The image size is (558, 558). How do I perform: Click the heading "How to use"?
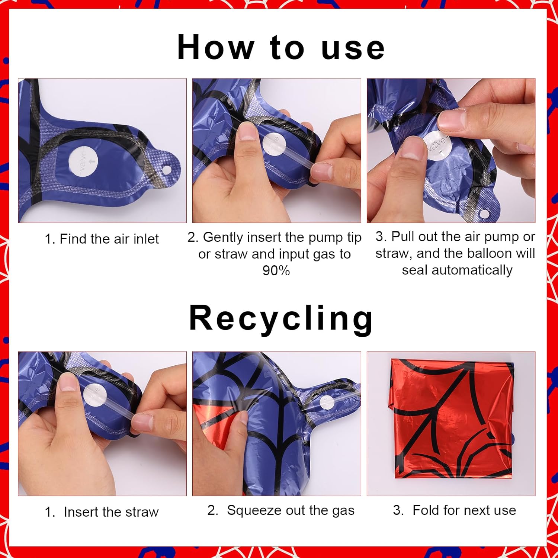point(281,47)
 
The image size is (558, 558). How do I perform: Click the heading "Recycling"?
point(281,318)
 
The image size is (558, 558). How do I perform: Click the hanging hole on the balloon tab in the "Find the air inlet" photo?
point(167,170)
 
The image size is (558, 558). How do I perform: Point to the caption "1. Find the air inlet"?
point(102,239)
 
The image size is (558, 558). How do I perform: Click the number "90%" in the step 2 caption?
point(276,270)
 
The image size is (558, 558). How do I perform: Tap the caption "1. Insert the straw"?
point(102,512)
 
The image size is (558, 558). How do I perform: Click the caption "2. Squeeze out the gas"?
point(281,510)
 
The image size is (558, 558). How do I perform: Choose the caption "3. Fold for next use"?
point(455,510)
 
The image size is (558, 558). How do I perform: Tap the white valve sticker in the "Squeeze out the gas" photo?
point(327,402)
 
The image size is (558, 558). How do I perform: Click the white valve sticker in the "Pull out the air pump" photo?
point(438,145)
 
